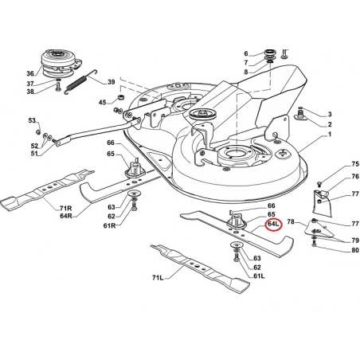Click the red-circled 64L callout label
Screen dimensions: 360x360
[x=273, y=224]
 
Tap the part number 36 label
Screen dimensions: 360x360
[x=30, y=73]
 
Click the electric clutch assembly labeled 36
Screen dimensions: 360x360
[x=61, y=63]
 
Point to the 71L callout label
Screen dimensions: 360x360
[x=158, y=278]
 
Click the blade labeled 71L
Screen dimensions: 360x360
[x=201, y=268]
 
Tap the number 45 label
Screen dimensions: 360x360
[x=102, y=102]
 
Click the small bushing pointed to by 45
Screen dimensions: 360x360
[x=121, y=96]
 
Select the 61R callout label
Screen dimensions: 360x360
[x=109, y=226]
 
